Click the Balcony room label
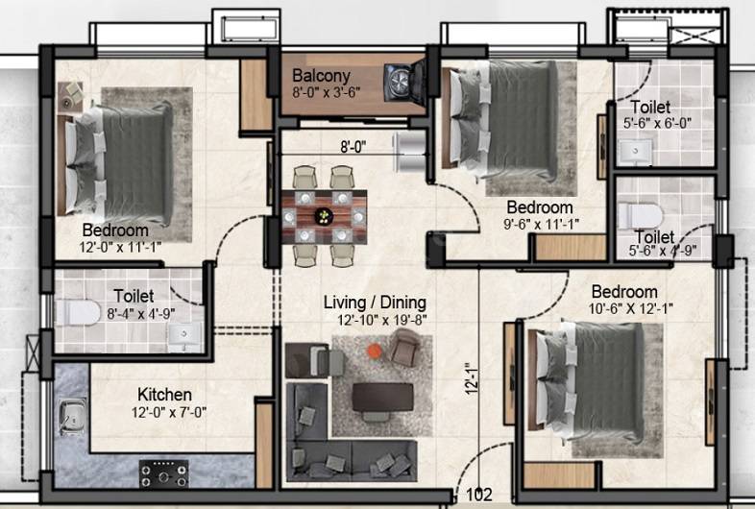[322, 76]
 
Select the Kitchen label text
[163, 395]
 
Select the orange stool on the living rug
[373, 351]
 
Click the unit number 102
[478, 496]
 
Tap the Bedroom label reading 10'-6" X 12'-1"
[624, 292]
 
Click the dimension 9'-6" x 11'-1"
[540, 224]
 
